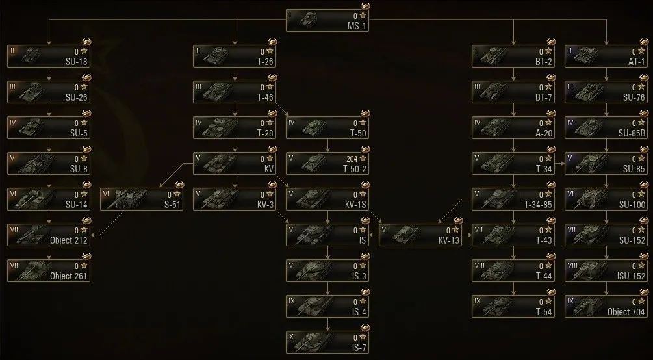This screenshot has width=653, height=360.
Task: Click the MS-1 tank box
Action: tap(328, 19)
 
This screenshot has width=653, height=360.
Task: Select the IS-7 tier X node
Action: tap(328, 341)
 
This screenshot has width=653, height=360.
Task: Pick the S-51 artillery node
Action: tap(141, 199)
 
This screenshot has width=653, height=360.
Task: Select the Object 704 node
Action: tap(606, 305)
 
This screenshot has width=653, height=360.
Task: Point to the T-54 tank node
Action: tap(513, 305)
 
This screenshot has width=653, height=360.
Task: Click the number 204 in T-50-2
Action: tap(351, 158)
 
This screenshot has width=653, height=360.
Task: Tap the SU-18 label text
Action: tap(78, 62)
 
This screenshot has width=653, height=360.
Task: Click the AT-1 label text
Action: tap(636, 62)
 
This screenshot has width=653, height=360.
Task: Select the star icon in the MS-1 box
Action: tap(362, 14)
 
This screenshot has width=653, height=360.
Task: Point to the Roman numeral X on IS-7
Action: tap(290, 335)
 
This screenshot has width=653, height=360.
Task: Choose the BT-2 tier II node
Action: tap(513, 56)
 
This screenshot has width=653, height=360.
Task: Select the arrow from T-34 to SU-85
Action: tap(559, 164)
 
